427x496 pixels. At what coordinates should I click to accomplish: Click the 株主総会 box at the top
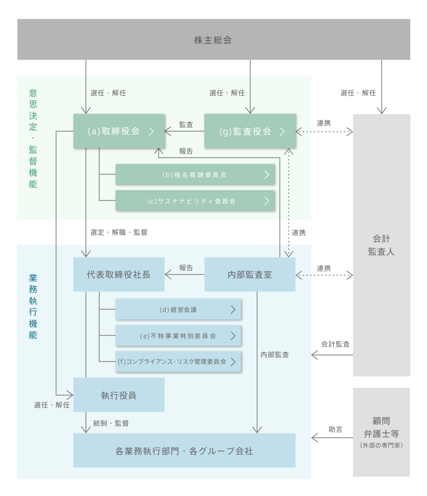(x=213, y=40)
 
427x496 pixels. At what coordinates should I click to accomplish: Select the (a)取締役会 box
(x=119, y=131)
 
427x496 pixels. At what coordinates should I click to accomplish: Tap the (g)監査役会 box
(x=250, y=131)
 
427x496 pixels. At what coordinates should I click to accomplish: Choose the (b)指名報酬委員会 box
(x=195, y=175)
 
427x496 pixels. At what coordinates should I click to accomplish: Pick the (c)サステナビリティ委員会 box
(x=195, y=201)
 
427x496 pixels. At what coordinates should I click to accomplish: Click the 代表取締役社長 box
(x=119, y=274)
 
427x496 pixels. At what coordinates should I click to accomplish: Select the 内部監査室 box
(x=250, y=274)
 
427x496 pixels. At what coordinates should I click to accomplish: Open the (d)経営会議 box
(x=178, y=310)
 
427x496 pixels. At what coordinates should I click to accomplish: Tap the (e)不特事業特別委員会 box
(x=178, y=336)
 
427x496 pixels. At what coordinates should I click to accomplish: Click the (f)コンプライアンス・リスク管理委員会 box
(x=178, y=362)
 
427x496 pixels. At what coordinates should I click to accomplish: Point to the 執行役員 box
(x=119, y=395)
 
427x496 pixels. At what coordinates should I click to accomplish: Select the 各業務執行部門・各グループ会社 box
(x=184, y=451)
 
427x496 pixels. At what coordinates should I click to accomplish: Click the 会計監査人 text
(x=381, y=245)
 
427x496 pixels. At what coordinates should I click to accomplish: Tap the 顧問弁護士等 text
(x=381, y=427)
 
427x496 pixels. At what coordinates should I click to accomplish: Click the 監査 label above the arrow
(x=186, y=124)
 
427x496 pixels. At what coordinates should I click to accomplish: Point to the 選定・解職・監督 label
(x=119, y=232)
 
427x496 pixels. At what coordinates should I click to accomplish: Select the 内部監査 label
(x=275, y=354)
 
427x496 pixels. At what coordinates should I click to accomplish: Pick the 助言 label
(x=335, y=429)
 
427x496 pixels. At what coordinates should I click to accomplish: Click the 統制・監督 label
(x=111, y=423)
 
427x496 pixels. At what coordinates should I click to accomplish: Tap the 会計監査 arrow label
(x=335, y=344)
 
